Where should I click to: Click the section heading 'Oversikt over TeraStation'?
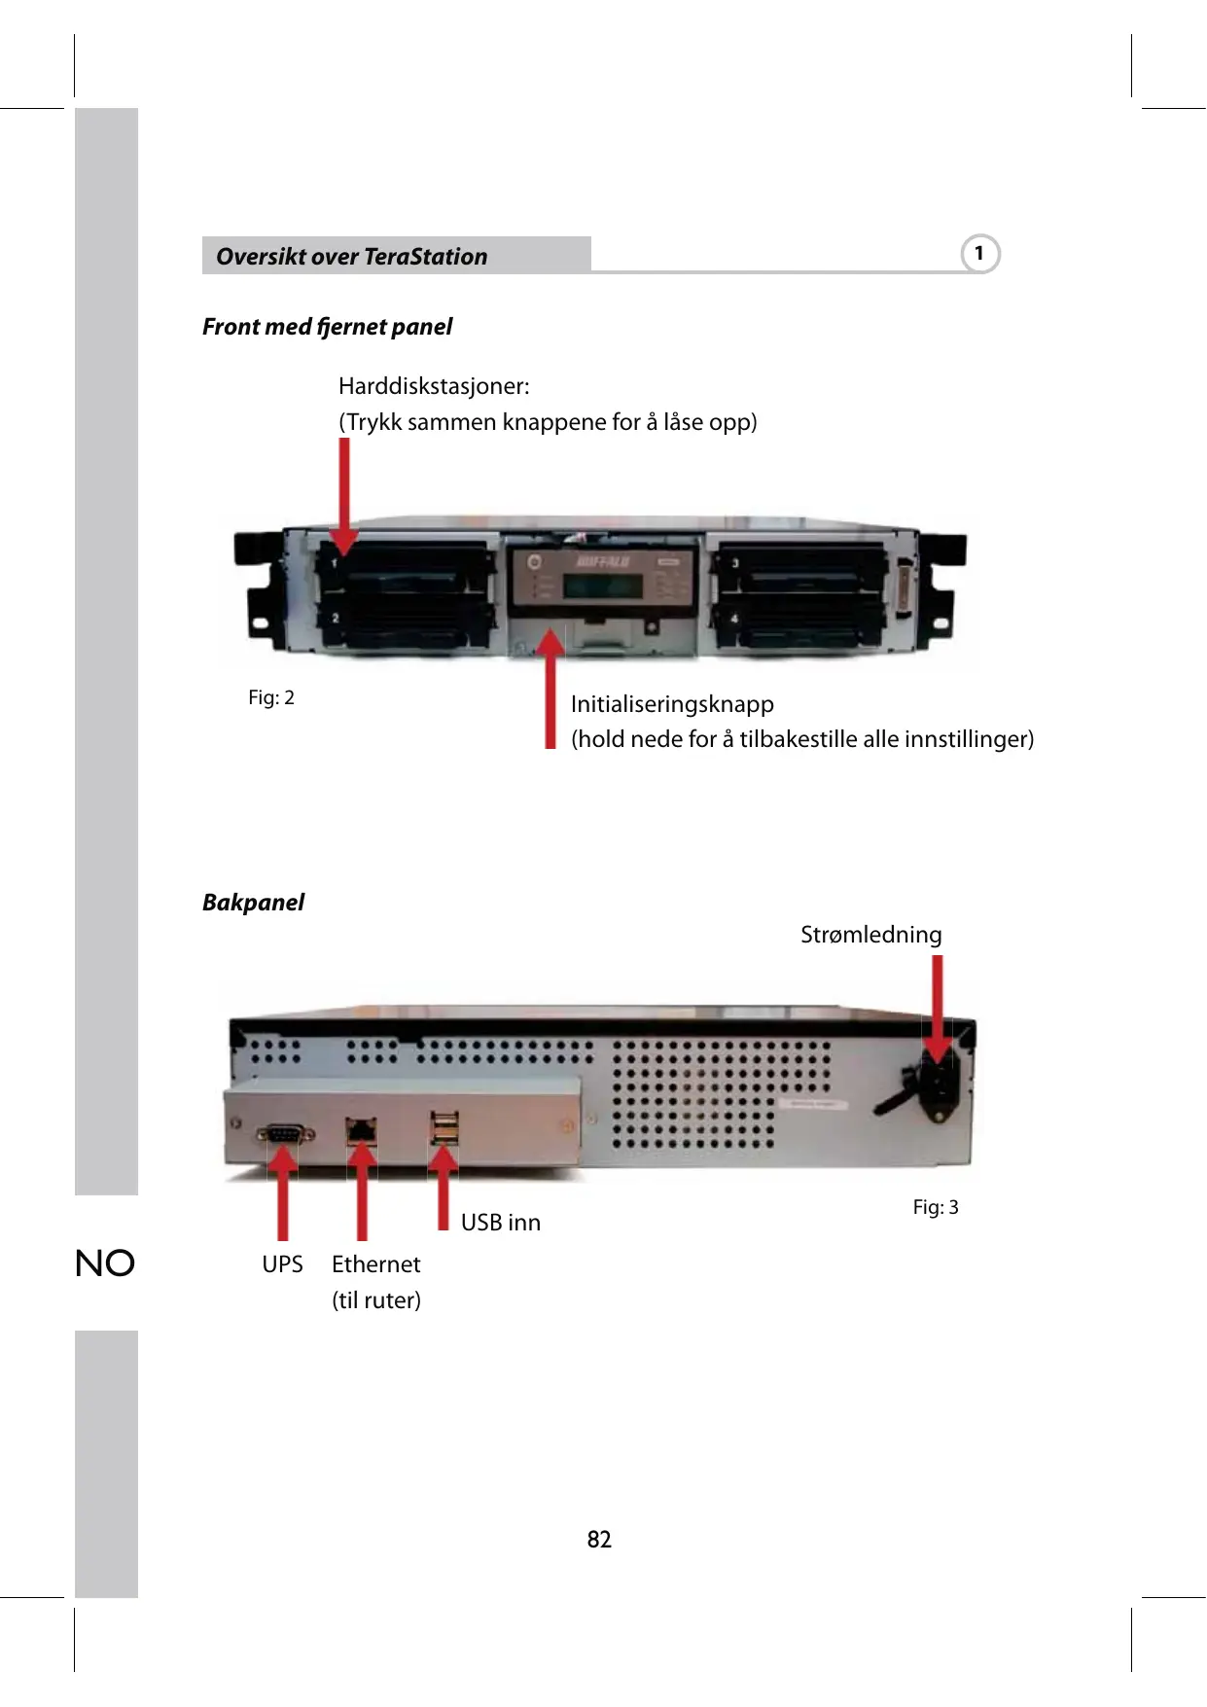pyautogui.click(x=351, y=257)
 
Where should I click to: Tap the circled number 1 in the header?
pyautogui.click(x=979, y=254)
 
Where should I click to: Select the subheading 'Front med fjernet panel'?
pyautogui.click(x=327, y=327)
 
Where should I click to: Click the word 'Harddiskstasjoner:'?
pyautogui.click(x=434, y=386)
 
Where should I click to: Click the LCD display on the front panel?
pyautogui.click(x=602, y=587)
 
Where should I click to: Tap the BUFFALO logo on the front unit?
pyautogui.click(x=603, y=562)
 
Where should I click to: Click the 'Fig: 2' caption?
pyautogui.click(x=270, y=697)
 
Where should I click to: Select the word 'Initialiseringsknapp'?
pyautogui.click(x=672, y=704)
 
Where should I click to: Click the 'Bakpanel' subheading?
pyautogui.click(x=253, y=903)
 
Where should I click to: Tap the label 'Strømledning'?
pyautogui.click(x=870, y=935)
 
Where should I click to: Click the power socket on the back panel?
pyautogui.click(x=941, y=1087)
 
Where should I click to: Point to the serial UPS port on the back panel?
pyautogui.click(x=284, y=1134)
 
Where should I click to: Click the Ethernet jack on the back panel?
pyautogui.click(x=362, y=1131)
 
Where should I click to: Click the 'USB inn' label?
pyautogui.click(x=500, y=1223)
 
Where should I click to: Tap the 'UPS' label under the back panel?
pyautogui.click(x=282, y=1264)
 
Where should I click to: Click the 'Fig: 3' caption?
pyautogui.click(x=935, y=1207)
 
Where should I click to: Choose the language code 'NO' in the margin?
pyautogui.click(x=105, y=1263)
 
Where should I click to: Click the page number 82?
pyautogui.click(x=599, y=1539)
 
